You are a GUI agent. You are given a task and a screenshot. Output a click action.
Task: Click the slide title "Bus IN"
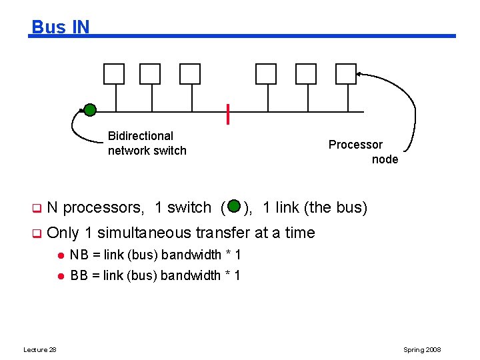[x=60, y=27]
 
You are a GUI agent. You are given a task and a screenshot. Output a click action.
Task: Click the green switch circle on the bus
[x=90, y=110]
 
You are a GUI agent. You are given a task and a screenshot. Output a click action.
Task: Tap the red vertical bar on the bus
[x=228, y=115]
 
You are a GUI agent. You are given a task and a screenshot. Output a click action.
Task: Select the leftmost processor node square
[x=114, y=74]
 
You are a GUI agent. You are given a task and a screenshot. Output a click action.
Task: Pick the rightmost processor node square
[x=345, y=74]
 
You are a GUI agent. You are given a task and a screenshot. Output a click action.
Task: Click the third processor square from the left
[x=190, y=74]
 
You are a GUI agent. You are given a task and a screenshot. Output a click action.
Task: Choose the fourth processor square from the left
[x=266, y=74]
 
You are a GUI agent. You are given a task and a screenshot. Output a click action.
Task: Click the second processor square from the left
[x=150, y=74]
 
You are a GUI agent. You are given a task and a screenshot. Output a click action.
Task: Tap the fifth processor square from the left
[x=306, y=74]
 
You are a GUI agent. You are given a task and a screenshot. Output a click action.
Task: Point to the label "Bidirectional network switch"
[x=147, y=143]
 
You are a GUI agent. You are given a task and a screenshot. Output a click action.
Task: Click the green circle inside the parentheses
[x=233, y=207]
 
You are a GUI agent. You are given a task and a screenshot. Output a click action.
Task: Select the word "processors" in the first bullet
[x=103, y=207]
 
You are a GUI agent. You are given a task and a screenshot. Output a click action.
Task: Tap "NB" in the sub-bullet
[x=79, y=255]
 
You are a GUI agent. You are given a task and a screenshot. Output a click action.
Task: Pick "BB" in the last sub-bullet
[x=79, y=275]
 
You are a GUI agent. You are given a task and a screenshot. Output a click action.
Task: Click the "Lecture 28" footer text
[x=40, y=350]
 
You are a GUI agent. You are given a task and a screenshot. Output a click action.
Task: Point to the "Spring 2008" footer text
[x=422, y=350]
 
